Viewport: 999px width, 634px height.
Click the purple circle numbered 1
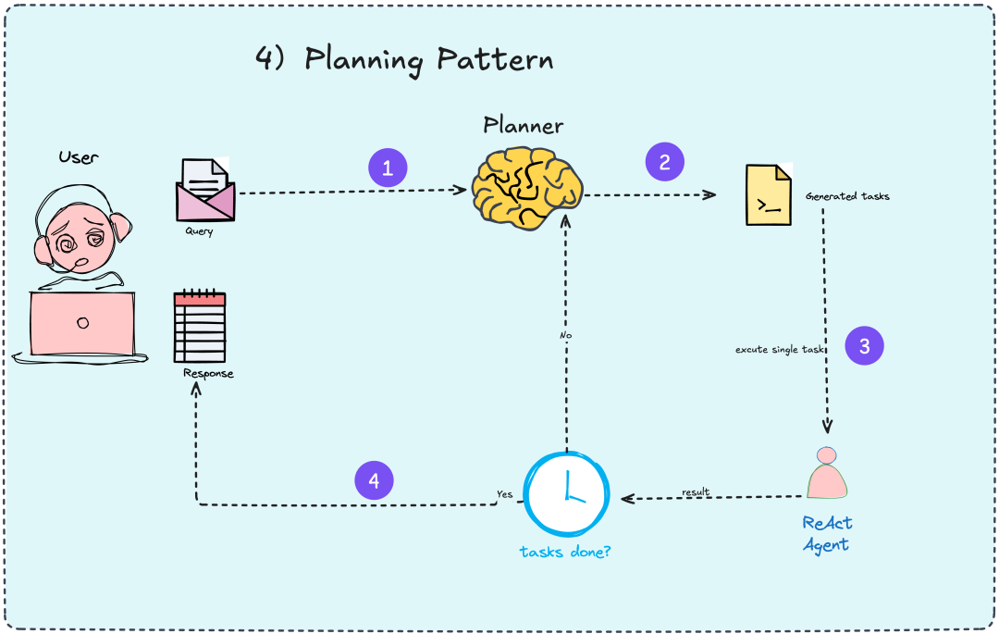click(388, 168)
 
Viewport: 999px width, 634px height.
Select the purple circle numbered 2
click(664, 162)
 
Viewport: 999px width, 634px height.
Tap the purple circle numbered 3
click(864, 346)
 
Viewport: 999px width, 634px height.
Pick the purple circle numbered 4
click(374, 480)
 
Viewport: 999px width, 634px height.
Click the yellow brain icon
click(526, 188)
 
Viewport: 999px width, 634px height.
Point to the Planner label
click(523, 125)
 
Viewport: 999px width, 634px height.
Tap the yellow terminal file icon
click(770, 195)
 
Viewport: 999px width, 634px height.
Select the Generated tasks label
click(847, 196)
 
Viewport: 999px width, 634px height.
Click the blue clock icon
click(567, 493)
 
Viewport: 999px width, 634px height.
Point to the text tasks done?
click(565, 552)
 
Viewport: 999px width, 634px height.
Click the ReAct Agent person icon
click(826, 474)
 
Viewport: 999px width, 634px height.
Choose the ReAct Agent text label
click(826, 533)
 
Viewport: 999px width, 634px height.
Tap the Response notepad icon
click(200, 327)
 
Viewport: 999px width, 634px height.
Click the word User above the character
click(79, 156)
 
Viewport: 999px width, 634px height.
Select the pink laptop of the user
click(81, 324)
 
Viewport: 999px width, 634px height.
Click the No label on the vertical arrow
click(566, 335)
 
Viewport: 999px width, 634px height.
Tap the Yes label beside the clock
click(504, 494)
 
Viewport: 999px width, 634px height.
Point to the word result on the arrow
click(696, 491)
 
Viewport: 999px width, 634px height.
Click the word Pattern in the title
click(495, 60)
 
